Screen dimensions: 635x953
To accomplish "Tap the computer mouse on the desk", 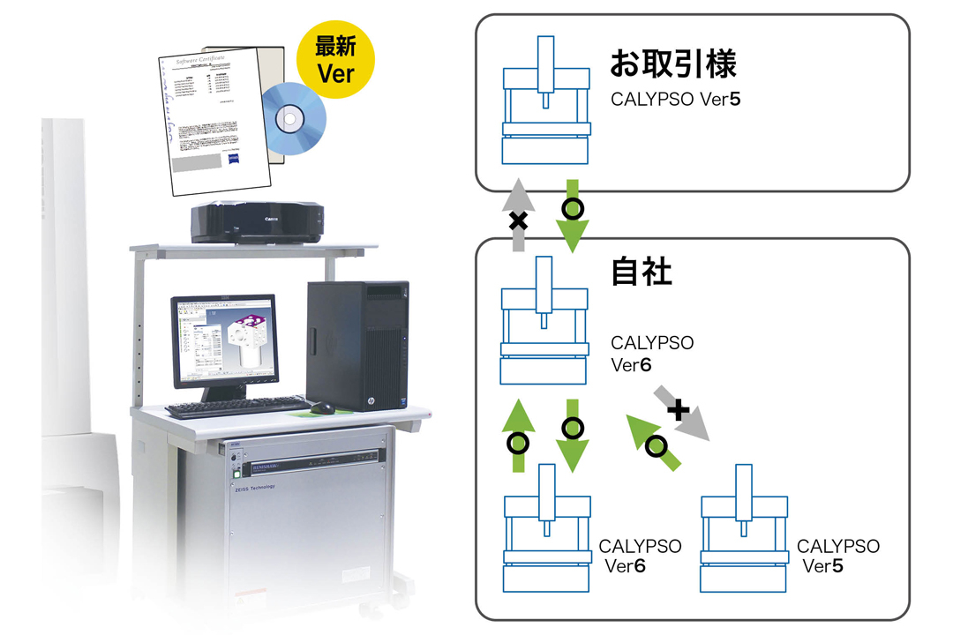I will (x=322, y=407).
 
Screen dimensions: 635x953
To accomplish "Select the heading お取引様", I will (x=673, y=63).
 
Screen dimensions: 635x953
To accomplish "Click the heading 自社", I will (x=642, y=273).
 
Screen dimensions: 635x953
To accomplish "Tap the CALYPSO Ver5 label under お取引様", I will (x=675, y=99).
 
